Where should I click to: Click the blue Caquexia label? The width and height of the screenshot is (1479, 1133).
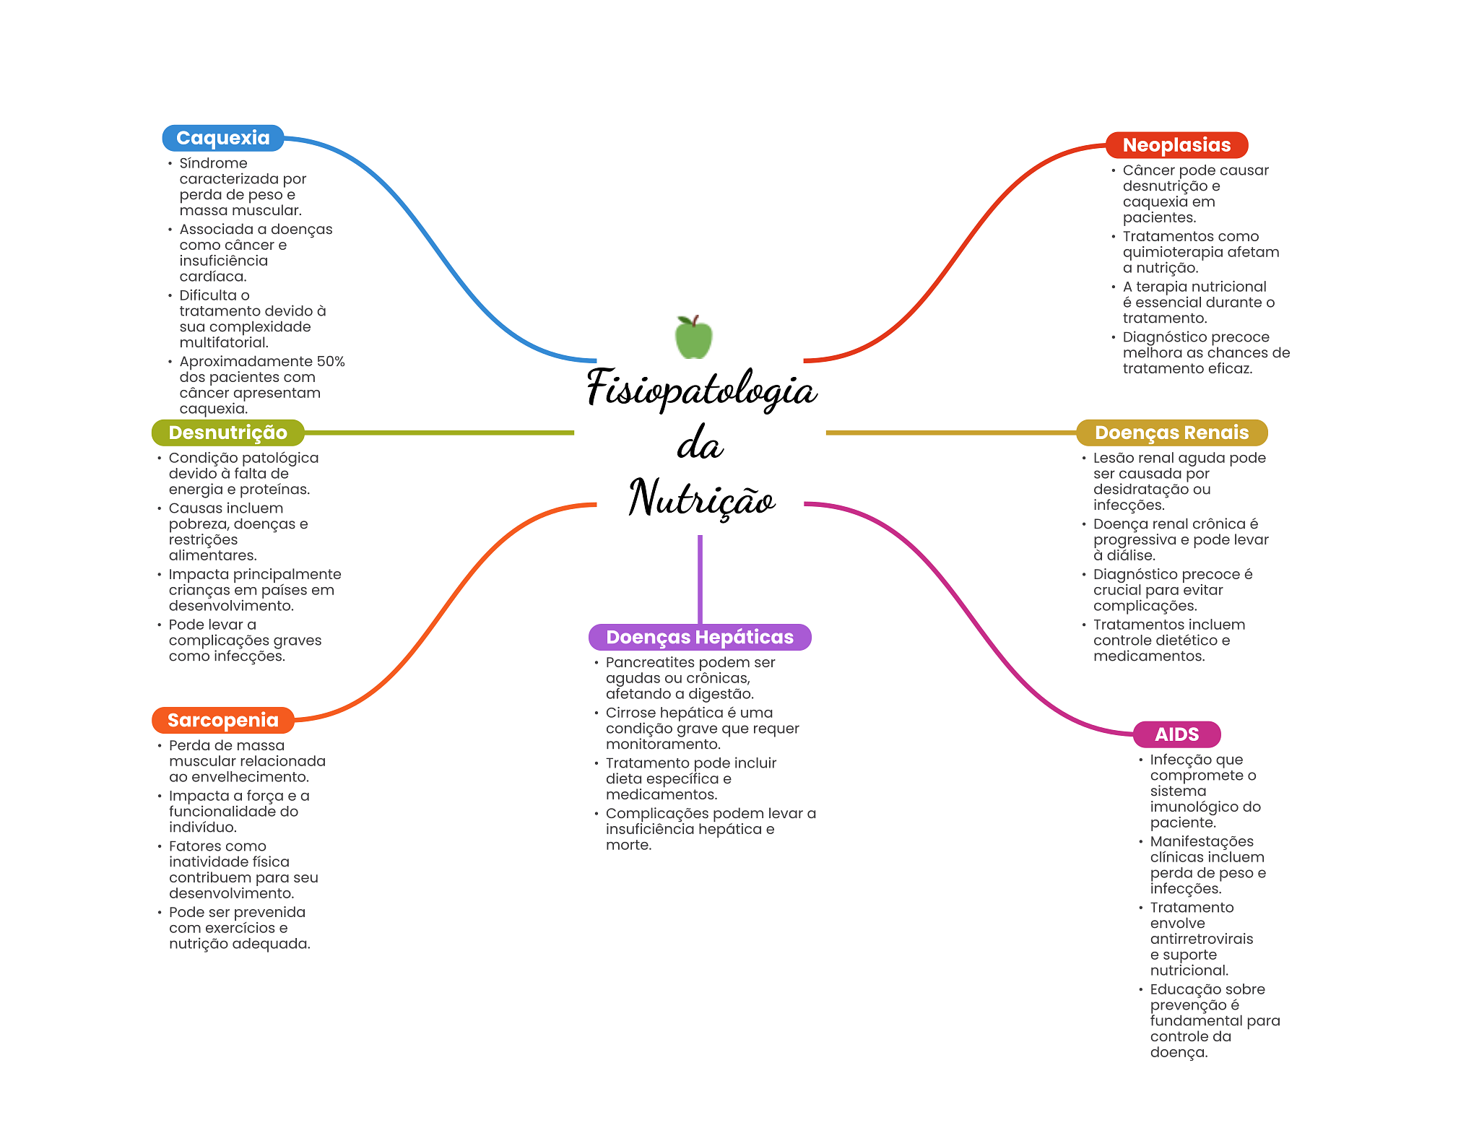pos(222,138)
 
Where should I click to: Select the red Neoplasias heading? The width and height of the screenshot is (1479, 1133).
pos(1176,145)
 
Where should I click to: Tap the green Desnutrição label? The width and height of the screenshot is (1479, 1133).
pos(227,433)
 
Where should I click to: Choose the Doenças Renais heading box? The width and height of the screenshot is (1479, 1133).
pos(1171,433)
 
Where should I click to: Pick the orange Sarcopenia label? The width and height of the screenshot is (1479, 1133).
pos(222,720)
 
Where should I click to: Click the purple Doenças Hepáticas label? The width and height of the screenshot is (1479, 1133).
pos(699,637)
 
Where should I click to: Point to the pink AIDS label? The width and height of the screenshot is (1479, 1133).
pos(1176,734)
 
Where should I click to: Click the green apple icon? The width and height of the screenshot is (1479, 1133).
pos(693,337)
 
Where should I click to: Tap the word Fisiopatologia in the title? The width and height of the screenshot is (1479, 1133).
pos(701,388)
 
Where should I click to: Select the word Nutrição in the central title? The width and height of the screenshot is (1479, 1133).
pos(701,498)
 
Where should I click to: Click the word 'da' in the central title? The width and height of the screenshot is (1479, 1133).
pos(699,443)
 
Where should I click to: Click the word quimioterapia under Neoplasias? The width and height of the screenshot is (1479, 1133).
pos(1168,252)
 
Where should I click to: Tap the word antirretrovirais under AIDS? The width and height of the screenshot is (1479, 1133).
pos(1201,939)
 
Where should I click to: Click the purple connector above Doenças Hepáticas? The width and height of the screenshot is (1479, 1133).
pos(700,578)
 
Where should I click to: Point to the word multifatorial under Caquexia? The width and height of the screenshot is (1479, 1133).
pos(224,342)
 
